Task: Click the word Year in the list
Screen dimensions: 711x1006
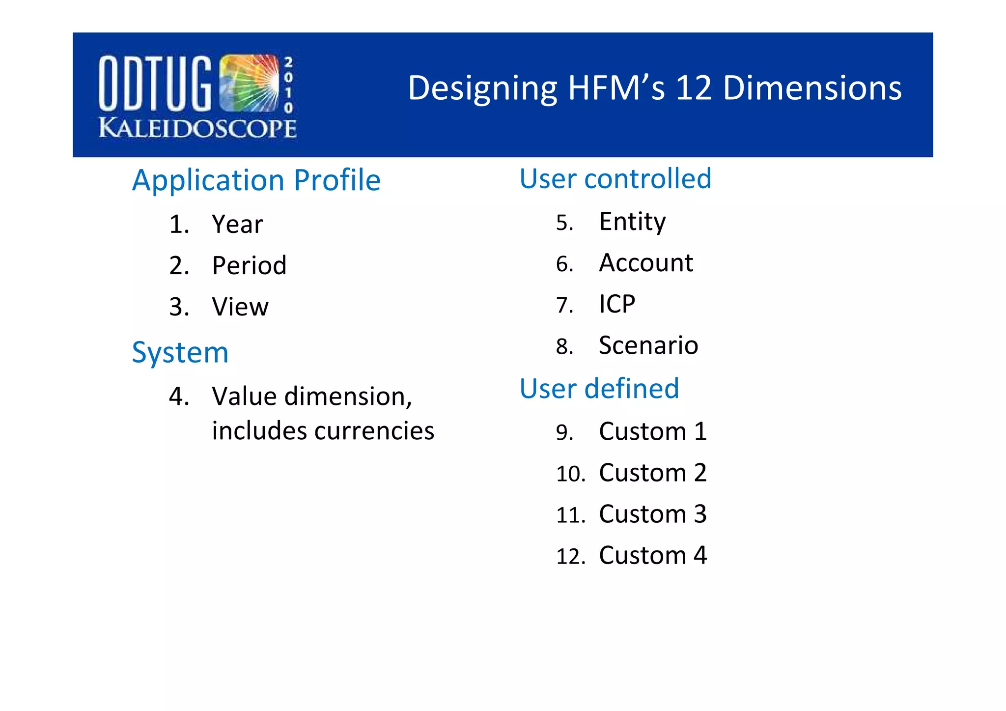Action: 237,225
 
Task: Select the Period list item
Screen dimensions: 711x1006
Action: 249,266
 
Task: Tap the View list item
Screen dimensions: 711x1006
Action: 240,307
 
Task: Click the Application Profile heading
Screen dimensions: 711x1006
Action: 256,180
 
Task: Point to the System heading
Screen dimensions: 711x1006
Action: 180,353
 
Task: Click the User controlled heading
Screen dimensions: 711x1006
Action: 615,178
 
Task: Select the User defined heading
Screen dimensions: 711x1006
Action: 599,389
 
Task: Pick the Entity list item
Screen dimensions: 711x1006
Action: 632,222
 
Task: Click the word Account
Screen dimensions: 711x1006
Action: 646,263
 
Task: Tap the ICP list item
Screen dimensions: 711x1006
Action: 617,304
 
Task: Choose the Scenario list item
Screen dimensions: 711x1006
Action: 648,345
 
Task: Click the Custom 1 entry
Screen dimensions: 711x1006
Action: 652,432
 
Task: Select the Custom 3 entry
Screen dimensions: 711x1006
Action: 652,514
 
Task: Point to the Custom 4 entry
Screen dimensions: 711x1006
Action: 652,556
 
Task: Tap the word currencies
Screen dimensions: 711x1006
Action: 374,431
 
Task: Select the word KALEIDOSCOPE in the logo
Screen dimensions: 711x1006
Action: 197,128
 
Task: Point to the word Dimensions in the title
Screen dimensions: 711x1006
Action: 812,88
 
